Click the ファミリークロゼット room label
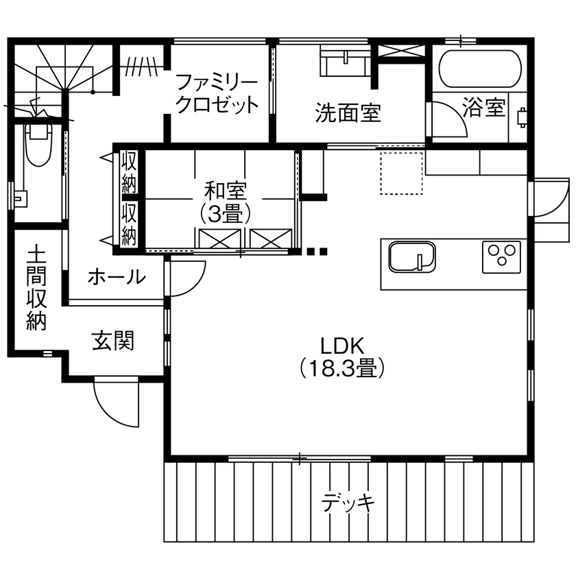coord(217,94)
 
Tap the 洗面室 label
coord(348,112)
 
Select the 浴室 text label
coord(483,108)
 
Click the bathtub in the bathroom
coord(479,69)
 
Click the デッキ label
coord(348,503)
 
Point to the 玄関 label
coord(113,340)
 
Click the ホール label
coord(117,278)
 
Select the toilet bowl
coord(38,146)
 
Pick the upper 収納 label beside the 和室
coord(129,171)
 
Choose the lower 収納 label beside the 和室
coord(129,222)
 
